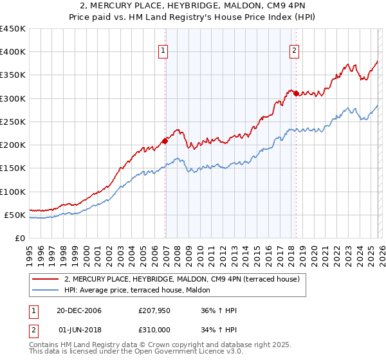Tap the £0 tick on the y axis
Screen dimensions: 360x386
point(21,239)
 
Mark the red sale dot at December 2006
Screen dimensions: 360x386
point(165,141)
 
